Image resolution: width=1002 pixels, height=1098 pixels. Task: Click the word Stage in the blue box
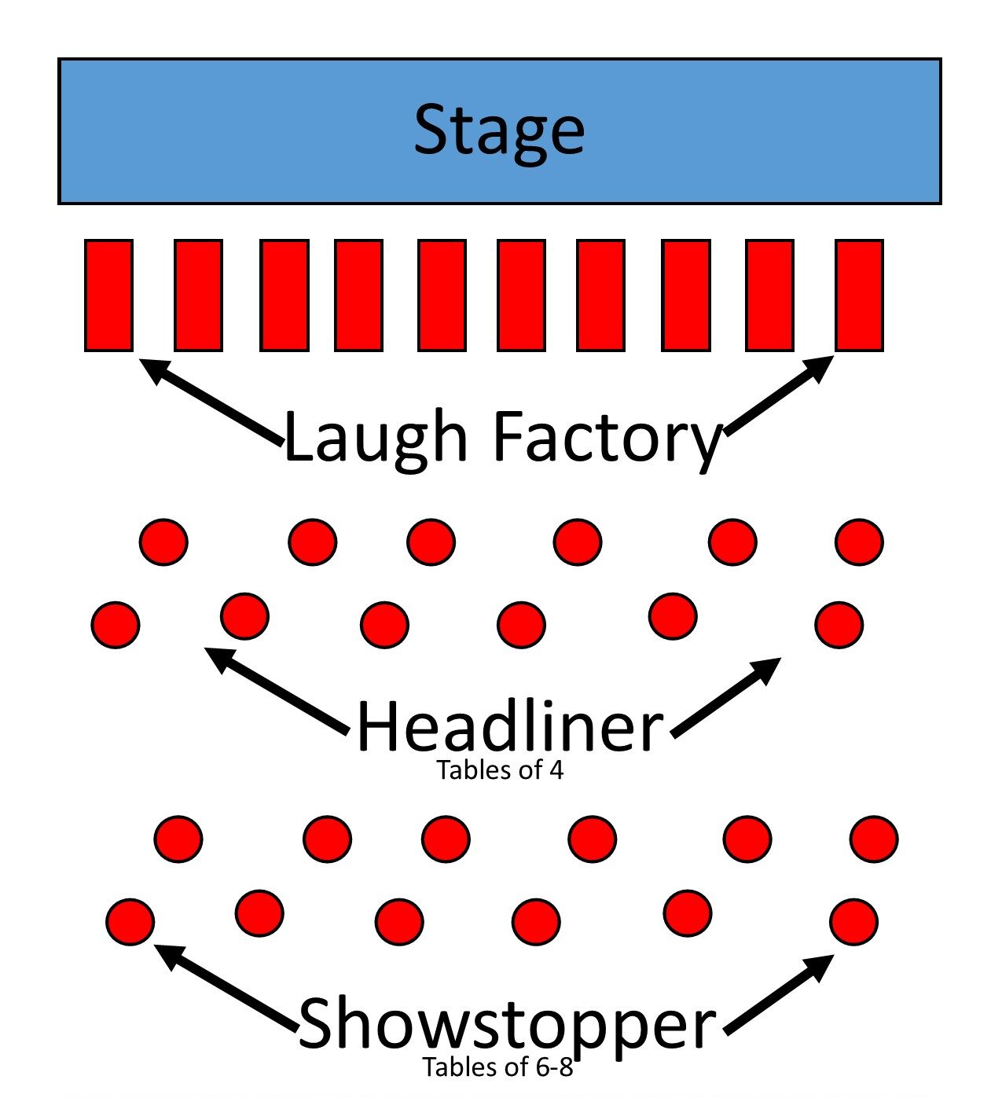pyautogui.click(x=499, y=130)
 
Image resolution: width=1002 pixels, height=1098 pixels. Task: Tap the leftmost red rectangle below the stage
pyautogui.click(x=108, y=295)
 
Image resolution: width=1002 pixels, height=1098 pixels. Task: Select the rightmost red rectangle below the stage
pyautogui.click(x=859, y=295)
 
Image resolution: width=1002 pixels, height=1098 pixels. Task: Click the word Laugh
pyautogui.click(x=376, y=437)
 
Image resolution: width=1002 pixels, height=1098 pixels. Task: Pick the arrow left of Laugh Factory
pyautogui.click(x=211, y=402)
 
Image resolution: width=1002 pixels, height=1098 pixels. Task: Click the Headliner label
pyautogui.click(x=509, y=727)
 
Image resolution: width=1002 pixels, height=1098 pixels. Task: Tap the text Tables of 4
pyautogui.click(x=500, y=770)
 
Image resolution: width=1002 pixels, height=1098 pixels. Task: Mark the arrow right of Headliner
pyautogui.click(x=726, y=696)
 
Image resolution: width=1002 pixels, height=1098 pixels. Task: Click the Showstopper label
pyautogui.click(x=507, y=1023)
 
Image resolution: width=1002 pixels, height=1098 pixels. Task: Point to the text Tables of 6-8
pyautogui.click(x=497, y=1067)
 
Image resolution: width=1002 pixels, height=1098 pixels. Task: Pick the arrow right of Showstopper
pyautogui.click(x=779, y=993)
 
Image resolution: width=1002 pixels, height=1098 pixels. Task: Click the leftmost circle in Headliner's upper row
pyautogui.click(x=163, y=542)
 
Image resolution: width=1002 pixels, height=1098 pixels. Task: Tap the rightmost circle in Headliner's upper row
pyautogui.click(x=859, y=542)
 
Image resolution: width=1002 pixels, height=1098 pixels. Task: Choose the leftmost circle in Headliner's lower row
pyautogui.click(x=116, y=625)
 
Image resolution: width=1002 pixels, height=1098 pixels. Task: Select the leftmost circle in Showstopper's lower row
pyautogui.click(x=130, y=921)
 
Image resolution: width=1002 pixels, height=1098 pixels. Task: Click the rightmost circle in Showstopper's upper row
pyautogui.click(x=873, y=839)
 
